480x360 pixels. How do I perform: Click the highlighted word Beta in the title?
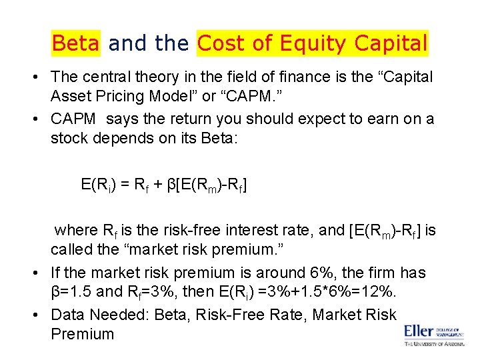(x=75, y=43)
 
